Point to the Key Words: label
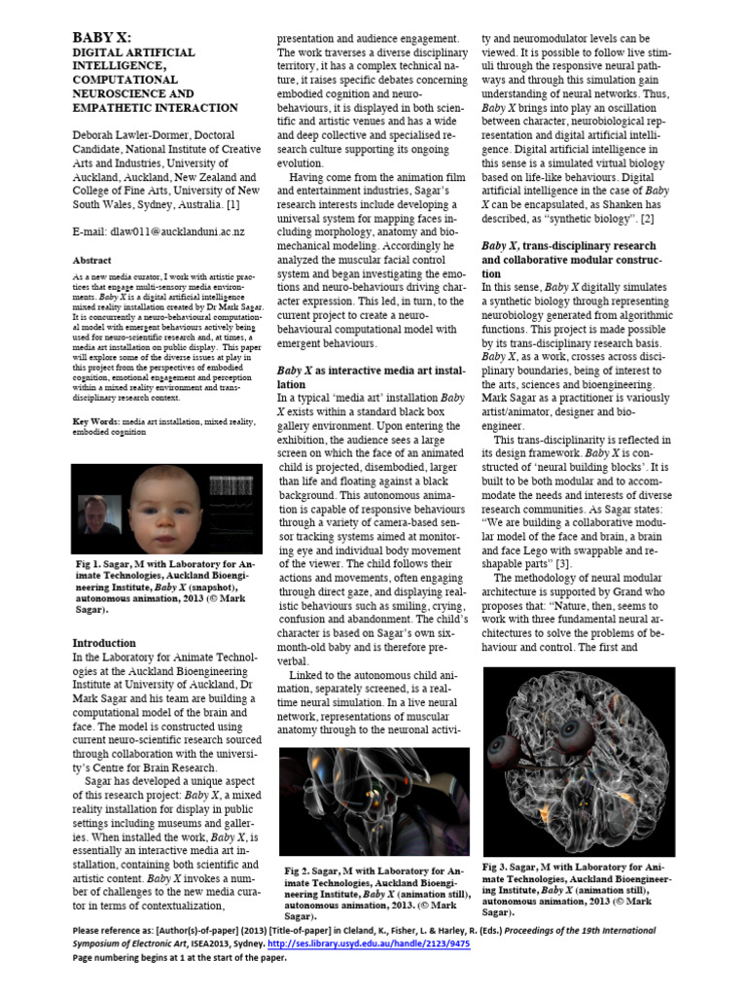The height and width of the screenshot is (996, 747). pos(96,420)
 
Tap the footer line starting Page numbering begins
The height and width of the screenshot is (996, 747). pos(180,958)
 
